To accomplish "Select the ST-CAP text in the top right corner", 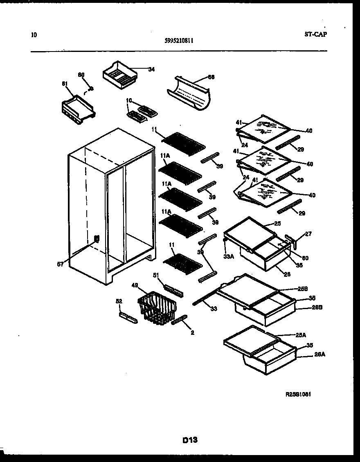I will (x=315, y=34).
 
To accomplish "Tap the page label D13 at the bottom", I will (x=190, y=440).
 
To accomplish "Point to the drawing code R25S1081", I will (x=301, y=395).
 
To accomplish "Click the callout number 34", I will (x=151, y=70).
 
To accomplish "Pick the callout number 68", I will (x=211, y=77).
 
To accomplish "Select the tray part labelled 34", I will (x=119, y=74).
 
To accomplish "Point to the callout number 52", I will (x=119, y=301).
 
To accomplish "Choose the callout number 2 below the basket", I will (x=192, y=333).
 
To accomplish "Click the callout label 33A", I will (x=228, y=256).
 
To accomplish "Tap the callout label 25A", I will (x=301, y=335).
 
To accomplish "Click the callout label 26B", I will (x=306, y=307).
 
